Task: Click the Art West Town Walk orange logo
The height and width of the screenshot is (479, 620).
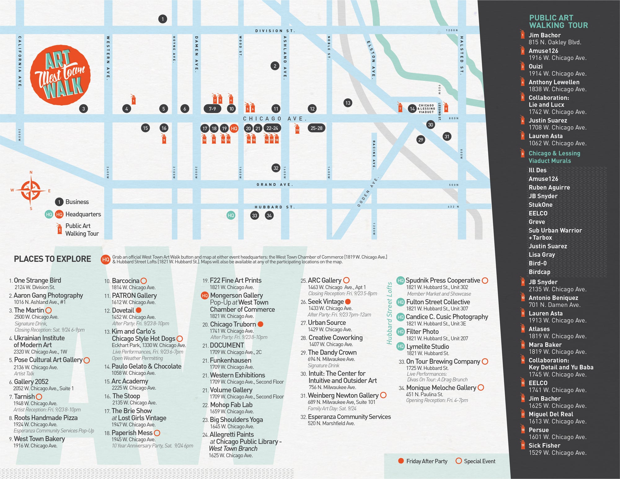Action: pos(60,75)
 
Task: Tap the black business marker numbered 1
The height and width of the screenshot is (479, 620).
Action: pos(162,19)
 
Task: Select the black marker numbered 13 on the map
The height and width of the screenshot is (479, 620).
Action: pos(348,103)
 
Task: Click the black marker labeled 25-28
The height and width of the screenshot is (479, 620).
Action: pos(316,128)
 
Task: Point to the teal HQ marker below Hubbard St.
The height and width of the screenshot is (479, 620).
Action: pos(231,215)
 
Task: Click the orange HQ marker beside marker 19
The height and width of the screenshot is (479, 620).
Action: pos(234,128)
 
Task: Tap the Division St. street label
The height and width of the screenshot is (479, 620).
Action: pos(275,31)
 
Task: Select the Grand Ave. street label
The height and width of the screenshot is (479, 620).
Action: pos(275,185)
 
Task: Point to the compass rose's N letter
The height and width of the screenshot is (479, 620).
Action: pos(31,173)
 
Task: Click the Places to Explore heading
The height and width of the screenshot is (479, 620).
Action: pos(52,259)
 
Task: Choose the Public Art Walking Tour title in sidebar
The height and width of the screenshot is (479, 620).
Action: pos(558,21)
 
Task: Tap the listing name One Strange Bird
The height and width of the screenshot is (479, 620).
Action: pos(38,280)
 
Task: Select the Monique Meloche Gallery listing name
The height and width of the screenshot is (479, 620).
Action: pos(441,388)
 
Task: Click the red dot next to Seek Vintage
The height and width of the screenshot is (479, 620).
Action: pos(348,301)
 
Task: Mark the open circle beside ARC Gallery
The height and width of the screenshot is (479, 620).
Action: pos(346,280)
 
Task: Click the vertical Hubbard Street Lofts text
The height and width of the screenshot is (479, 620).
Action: pos(389,313)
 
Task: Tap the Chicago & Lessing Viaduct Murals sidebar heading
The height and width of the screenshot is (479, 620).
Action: pos(554,157)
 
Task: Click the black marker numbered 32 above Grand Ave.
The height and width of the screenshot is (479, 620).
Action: pos(276,168)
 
